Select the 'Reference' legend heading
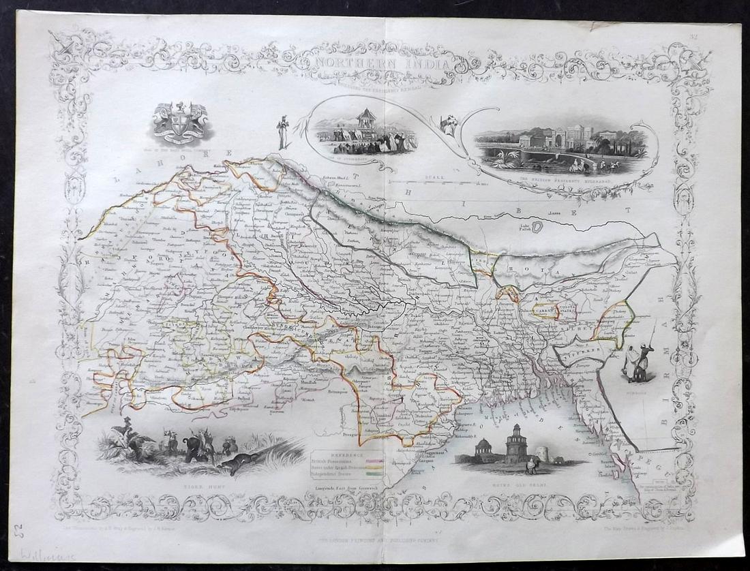tap(348, 453)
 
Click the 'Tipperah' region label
tap(575, 350)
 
